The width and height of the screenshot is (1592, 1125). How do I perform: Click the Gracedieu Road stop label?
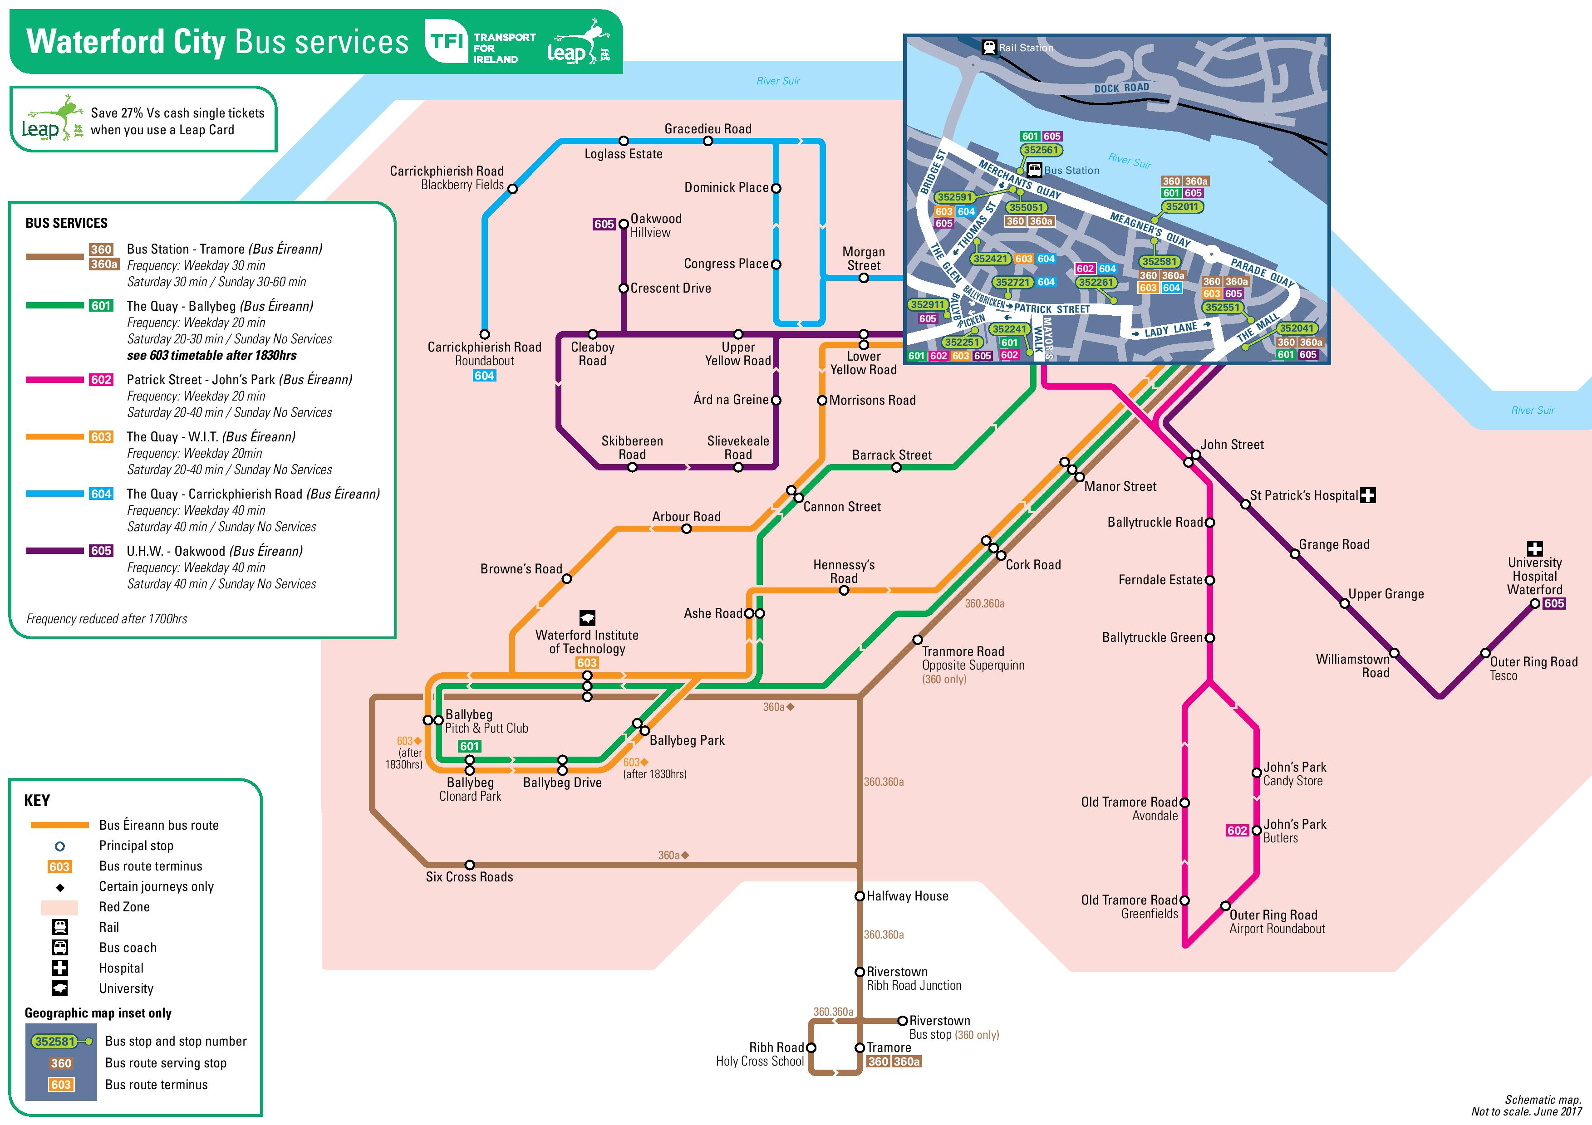pyautogui.click(x=707, y=129)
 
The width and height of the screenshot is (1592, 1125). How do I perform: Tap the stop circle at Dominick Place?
pyautogui.click(x=776, y=188)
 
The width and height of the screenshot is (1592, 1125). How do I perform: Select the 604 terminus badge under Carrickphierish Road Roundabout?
pyautogui.click(x=484, y=376)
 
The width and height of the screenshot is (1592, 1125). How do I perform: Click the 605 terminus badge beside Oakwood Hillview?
pyautogui.click(x=604, y=224)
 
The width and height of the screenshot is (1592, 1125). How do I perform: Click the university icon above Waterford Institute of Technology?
pyautogui.click(x=587, y=617)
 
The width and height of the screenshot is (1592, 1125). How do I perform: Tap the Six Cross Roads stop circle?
pyautogui.click(x=469, y=865)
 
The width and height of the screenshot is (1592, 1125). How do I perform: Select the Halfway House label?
pyautogui.click(x=907, y=896)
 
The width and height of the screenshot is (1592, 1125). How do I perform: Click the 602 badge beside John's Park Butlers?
pyautogui.click(x=1237, y=831)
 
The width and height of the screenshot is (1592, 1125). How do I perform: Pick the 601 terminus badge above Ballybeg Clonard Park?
pyautogui.click(x=469, y=747)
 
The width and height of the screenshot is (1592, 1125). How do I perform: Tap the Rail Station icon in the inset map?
pyautogui.click(x=989, y=47)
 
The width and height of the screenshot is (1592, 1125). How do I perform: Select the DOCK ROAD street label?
pyautogui.click(x=1121, y=88)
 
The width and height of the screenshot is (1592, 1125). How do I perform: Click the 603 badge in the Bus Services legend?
pyautogui.click(x=101, y=437)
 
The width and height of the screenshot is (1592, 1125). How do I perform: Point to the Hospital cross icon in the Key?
pyautogui.click(x=60, y=968)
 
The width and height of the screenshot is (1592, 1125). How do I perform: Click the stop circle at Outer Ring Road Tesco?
pyautogui.click(x=1485, y=653)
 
